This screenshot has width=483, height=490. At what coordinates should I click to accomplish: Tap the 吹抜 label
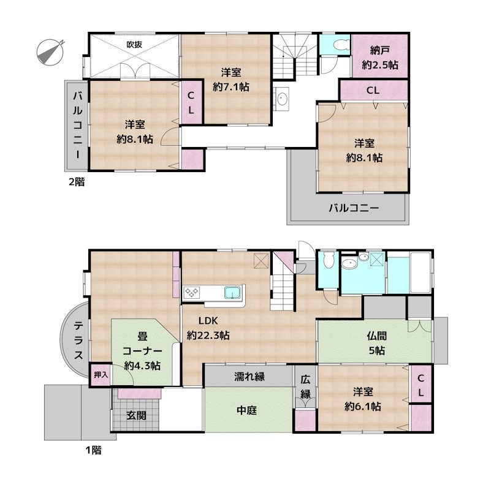[x=135, y=44]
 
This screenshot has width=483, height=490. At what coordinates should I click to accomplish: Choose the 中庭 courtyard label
[x=248, y=410]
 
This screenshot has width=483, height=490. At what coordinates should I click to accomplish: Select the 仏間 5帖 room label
[x=376, y=344]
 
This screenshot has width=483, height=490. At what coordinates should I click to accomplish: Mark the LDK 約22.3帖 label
[x=208, y=329]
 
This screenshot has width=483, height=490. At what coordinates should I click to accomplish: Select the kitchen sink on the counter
[x=232, y=292]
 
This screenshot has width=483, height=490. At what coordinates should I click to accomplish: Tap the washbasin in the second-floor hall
[x=283, y=98]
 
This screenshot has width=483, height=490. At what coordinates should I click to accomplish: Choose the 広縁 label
[x=305, y=387]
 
